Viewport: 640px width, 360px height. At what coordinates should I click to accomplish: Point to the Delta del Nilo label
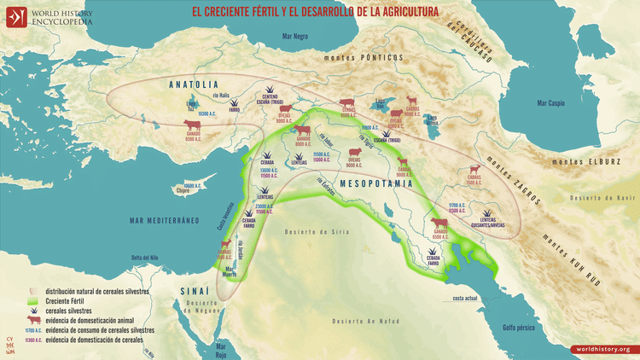pos(147,258)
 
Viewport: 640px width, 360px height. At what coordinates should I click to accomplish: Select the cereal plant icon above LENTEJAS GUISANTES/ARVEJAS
pos(487,213)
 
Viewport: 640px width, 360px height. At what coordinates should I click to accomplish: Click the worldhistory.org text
pos(602,349)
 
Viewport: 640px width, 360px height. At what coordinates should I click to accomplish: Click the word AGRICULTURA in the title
pos(405,12)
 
